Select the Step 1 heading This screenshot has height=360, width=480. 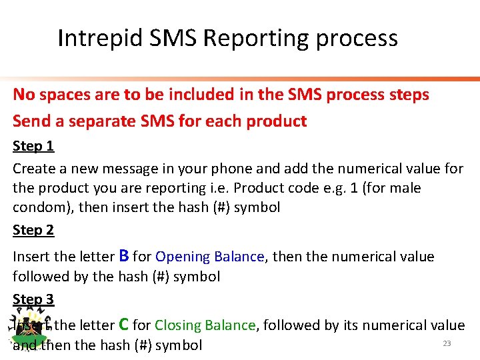pyautogui.click(x=33, y=146)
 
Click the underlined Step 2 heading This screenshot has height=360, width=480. pyautogui.click(x=33, y=230)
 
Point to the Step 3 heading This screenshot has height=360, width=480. pyautogui.click(x=33, y=299)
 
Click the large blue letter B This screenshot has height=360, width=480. pyautogui.click(x=123, y=255)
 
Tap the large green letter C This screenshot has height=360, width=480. pyautogui.click(x=123, y=325)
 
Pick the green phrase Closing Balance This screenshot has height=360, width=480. pyautogui.click(x=205, y=325)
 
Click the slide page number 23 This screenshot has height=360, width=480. pyautogui.click(x=447, y=343)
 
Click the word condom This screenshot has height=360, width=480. pyautogui.click(x=39, y=207)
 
